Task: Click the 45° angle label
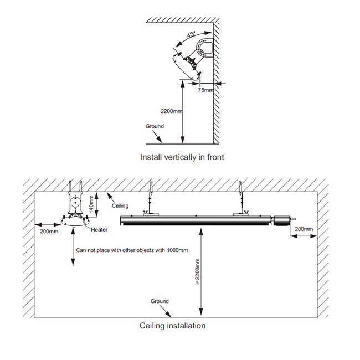click(x=191, y=34)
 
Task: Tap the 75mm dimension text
click(x=205, y=90)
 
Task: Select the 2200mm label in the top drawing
click(x=172, y=111)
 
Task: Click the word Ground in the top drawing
click(x=155, y=126)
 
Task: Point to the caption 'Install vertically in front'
click(x=182, y=157)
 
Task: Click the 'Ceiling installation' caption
click(x=172, y=326)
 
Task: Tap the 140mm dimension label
click(x=91, y=204)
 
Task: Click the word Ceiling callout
click(x=120, y=205)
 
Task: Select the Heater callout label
click(x=99, y=230)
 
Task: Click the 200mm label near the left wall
click(x=49, y=232)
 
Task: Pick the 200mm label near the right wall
click(x=304, y=229)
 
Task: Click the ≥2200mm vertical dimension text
click(x=197, y=271)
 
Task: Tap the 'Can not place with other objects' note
click(x=132, y=250)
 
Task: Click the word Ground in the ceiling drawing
click(x=160, y=301)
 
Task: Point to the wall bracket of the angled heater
click(x=204, y=49)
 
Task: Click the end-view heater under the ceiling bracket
click(x=75, y=220)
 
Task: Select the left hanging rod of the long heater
click(x=151, y=198)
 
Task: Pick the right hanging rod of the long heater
click(x=240, y=198)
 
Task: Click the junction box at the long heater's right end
click(x=282, y=220)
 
